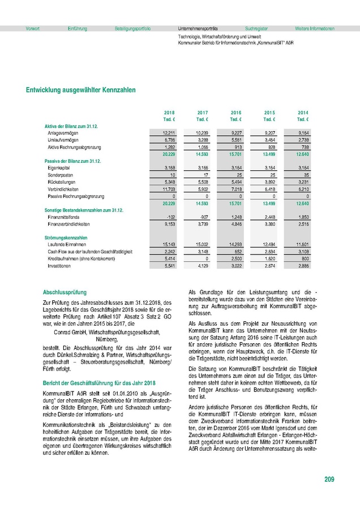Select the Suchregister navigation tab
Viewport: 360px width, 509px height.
[256, 28]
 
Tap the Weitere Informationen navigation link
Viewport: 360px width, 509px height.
[315, 28]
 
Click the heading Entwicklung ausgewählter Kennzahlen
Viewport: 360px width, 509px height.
[81, 90]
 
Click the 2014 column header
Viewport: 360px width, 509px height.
[303, 113]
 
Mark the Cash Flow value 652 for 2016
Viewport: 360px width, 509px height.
[237, 251]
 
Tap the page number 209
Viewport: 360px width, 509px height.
[329, 480]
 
